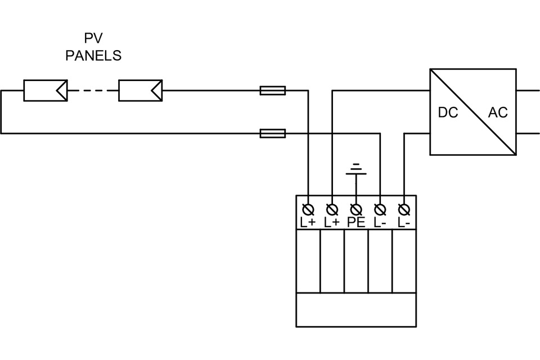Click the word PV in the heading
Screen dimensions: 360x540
click(x=93, y=39)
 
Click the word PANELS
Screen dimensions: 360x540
click(x=93, y=56)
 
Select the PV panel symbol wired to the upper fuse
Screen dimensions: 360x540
click(x=141, y=90)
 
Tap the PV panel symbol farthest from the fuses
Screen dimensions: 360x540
click(x=46, y=90)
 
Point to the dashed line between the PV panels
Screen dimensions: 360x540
click(x=93, y=90)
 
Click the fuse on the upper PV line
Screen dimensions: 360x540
click(x=273, y=90)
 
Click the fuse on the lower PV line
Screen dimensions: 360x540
click(x=273, y=133)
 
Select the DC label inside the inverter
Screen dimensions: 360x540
click(x=448, y=112)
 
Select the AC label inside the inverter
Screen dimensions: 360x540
click(x=498, y=112)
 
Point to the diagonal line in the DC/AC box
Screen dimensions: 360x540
click(x=473, y=112)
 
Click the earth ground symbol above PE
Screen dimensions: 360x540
click(x=355, y=169)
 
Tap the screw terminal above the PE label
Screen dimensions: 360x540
click(x=355, y=210)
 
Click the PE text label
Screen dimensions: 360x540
click(x=355, y=222)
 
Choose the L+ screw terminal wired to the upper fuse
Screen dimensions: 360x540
click(x=308, y=210)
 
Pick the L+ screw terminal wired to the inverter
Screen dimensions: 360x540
click(x=332, y=210)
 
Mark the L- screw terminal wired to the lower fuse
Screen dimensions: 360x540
click(x=380, y=210)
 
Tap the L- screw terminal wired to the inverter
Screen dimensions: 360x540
click(x=404, y=210)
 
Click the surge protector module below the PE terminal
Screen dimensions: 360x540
click(x=355, y=261)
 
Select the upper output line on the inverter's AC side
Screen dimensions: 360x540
click(x=528, y=90)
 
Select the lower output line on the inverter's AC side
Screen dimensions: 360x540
click(x=528, y=133)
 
